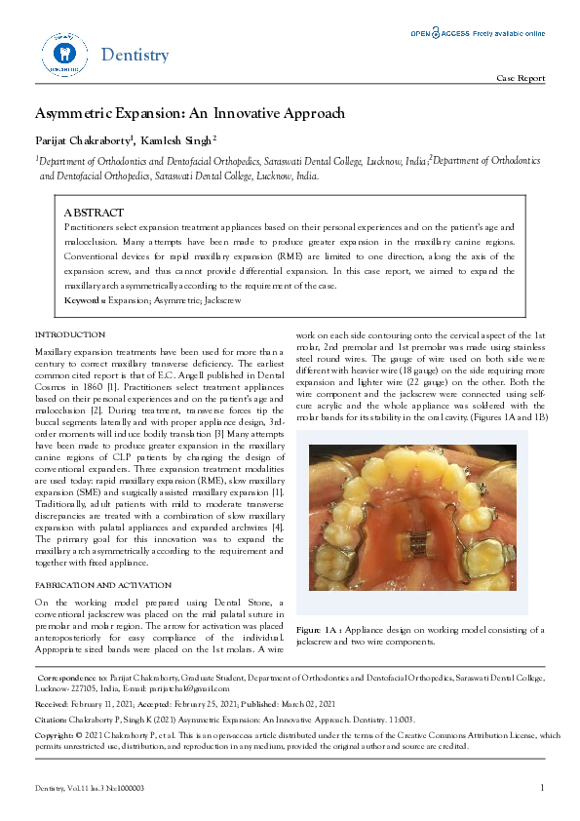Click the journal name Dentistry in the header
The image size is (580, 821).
135,55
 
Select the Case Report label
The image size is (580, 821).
521,78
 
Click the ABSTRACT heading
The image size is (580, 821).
94,212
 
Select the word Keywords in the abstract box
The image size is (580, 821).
84,301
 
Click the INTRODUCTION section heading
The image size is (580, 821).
69,334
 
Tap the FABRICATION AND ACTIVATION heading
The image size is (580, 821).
97,583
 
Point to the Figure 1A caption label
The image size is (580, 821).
319,630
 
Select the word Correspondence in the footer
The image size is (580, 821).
66,676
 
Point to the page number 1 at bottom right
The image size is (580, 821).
541,787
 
